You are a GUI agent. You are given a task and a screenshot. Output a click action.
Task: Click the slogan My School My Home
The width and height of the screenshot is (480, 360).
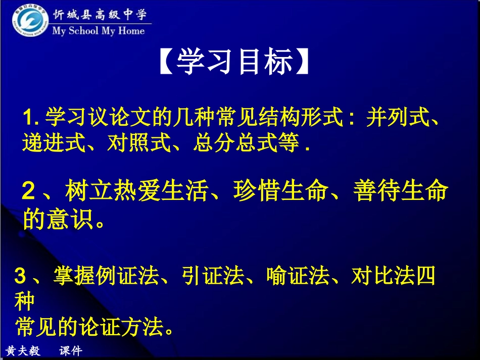tap(99, 31)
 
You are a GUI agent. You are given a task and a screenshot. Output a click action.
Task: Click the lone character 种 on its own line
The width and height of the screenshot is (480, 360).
tap(24, 302)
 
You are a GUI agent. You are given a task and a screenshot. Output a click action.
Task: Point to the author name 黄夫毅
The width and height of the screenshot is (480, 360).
tap(23, 351)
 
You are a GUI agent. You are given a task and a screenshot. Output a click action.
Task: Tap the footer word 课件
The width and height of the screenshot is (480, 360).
tap(70, 351)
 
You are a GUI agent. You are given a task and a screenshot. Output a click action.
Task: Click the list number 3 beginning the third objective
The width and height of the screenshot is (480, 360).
tap(20, 277)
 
